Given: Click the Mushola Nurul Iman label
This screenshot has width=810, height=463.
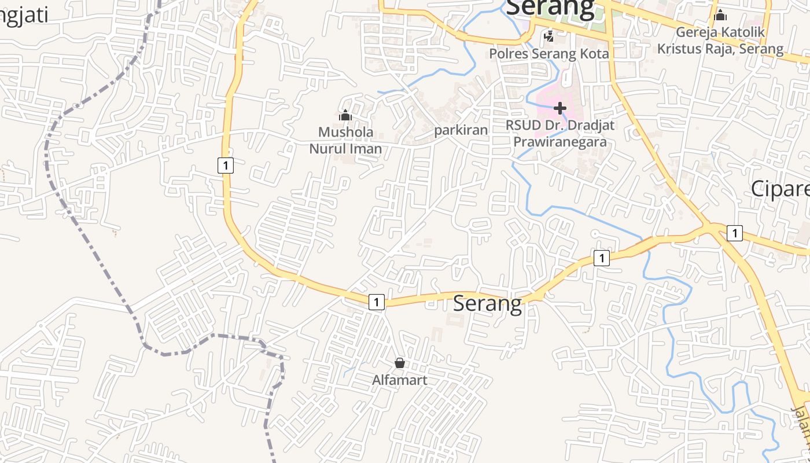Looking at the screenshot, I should click(x=345, y=140).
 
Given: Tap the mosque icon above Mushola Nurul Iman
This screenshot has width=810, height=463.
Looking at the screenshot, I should click(x=345, y=115).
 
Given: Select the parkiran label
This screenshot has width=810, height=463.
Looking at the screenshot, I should click(x=461, y=130).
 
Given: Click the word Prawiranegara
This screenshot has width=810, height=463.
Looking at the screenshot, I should click(x=560, y=141).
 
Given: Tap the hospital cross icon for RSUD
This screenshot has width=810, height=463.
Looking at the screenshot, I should click(x=559, y=108).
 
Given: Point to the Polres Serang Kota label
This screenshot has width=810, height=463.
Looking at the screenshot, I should click(x=548, y=54).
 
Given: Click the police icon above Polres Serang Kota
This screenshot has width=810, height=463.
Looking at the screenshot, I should click(x=548, y=37).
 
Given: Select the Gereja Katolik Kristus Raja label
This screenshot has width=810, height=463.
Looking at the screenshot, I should click(x=720, y=41).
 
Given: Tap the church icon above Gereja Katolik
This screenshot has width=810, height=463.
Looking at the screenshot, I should click(x=720, y=14).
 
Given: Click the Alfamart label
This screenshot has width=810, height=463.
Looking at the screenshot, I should click(x=400, y=380).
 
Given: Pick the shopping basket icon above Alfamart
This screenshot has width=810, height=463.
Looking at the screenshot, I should click(x=399, y=363).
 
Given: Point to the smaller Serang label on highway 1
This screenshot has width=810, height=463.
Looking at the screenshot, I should click(x=487, y=303).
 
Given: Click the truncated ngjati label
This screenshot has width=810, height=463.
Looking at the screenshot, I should click(x=24, y=16).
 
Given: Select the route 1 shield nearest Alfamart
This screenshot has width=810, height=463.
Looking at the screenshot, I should click(x=376, y=302).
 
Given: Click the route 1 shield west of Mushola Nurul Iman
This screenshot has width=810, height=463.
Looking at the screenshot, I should click(x=226, y=165).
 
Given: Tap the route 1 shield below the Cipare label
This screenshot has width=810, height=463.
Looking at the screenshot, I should click(x=734, y=233).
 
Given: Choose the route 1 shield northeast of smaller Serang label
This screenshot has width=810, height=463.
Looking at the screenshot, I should click(x=602, y=258).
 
